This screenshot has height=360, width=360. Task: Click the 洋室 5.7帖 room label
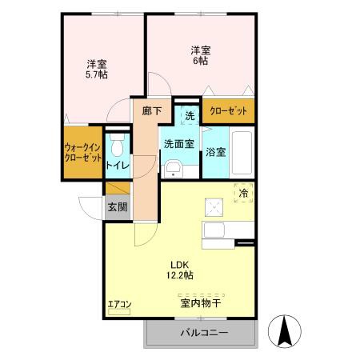(x=96, y=69)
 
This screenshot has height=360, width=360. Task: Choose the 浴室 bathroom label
(x=216, y=151)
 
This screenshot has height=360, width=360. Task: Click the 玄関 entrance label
(x=117, y=206)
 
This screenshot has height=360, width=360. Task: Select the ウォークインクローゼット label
(x=82, y=151)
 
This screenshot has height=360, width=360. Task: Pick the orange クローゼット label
(x=229, y=111)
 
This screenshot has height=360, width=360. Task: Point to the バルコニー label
(x=203, y=333)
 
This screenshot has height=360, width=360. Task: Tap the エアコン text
(x=119, y=303)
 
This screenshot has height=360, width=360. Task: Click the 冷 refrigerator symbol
(x=243, y=193)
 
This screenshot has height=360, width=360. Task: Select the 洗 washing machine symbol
(x=190, y=115)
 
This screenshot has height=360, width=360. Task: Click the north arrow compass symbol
(x=286, y=330)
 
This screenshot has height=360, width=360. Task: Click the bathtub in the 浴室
(x=242, y=151)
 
